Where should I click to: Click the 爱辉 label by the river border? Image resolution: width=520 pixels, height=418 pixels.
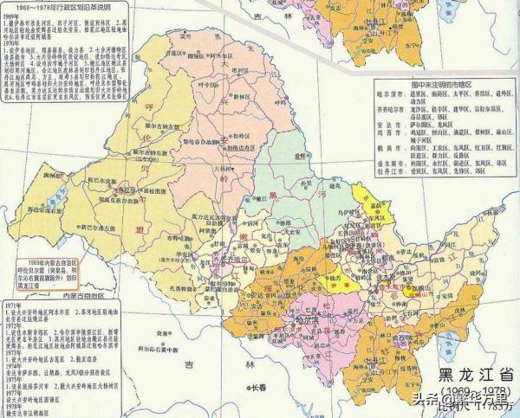click(x=301, y=158)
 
